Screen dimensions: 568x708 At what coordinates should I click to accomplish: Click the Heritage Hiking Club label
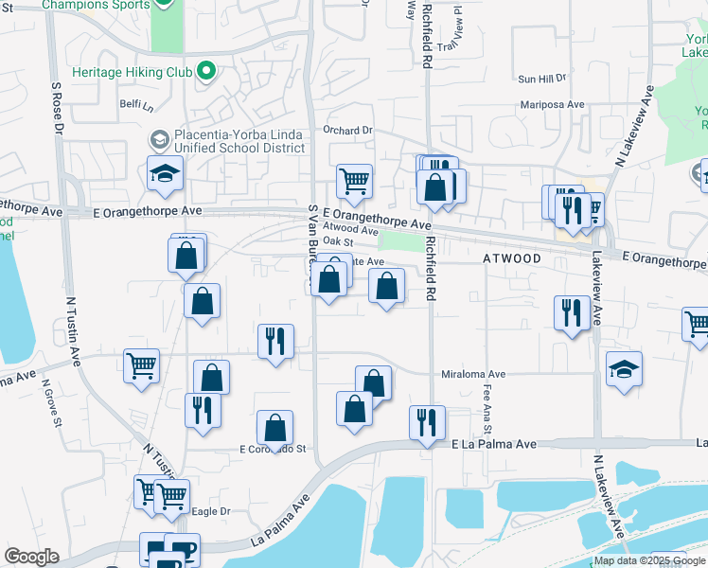[x=133, y=72]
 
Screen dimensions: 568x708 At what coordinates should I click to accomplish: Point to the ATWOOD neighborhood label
[x=513, y=258]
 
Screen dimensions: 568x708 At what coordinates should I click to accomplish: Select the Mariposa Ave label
[x=552, y=105]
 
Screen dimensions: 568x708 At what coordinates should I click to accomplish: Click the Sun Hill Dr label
[x=541, y=80]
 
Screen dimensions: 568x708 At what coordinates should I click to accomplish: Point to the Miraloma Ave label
[x=473, y=374]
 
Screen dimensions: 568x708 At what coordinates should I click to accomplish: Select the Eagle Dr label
[x=211, y=511]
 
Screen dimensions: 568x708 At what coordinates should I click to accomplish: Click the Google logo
[x=31, y=557]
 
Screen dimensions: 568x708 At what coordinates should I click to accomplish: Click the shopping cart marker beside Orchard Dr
[x=354, y=181]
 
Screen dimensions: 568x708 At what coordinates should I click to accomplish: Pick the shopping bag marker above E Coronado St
[x=274, y=428]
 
